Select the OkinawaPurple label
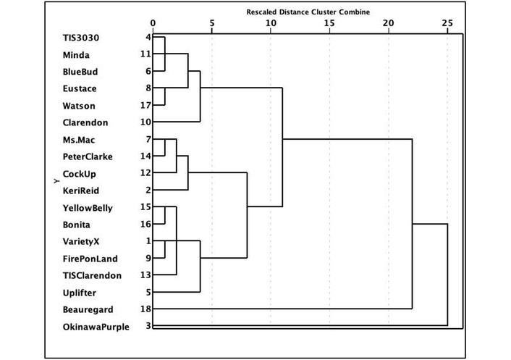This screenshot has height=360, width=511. tap(96, 327)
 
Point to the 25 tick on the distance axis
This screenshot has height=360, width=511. tap(447, 23)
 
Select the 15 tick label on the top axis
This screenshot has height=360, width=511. tap(329, 23)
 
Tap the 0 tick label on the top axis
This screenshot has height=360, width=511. tap(153, 23)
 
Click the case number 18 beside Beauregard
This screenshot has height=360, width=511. tap(145, 309)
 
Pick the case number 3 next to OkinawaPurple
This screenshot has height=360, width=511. tap(148, 327)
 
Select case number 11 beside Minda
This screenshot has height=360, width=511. tap(145, 54)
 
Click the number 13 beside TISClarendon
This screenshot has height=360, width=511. tap(145, 275)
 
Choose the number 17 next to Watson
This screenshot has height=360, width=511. tap(145, 106)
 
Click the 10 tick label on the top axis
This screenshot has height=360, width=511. tap(270, 23)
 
